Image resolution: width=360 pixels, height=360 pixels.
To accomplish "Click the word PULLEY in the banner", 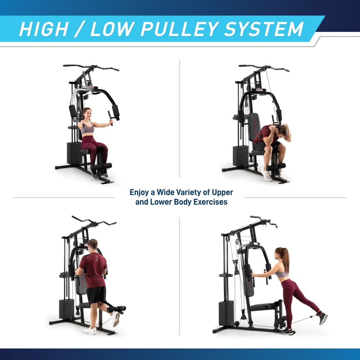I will pyautogui.click(x=180, y=29).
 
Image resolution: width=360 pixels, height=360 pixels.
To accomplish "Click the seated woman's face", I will pyautogui.click(x=86, y=114).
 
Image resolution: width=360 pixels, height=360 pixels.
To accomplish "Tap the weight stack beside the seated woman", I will pyautogui.click(x=74, y=153).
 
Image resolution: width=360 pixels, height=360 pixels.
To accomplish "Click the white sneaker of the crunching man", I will pyautogui.click(x=267, y=175).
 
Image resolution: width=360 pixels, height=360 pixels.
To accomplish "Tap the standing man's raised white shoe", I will pyautogui.click(x=116, y=319).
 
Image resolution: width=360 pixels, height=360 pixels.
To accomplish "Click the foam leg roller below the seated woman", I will pyautogui.click(x=102, y=166).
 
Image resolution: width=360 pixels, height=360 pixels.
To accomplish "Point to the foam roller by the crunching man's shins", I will pyautogui.click(x=276, y=167).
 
